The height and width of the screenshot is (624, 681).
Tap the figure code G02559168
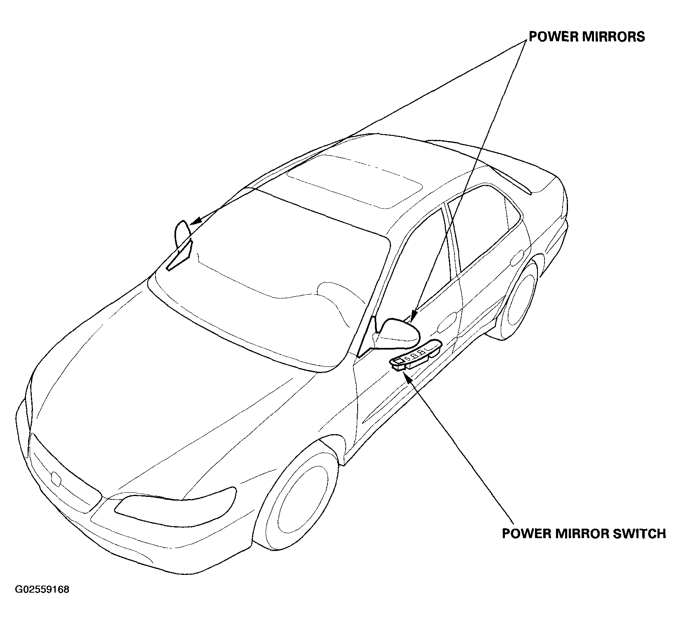tap(42, 589)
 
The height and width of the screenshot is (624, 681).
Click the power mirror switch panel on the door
tap(416, 357)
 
